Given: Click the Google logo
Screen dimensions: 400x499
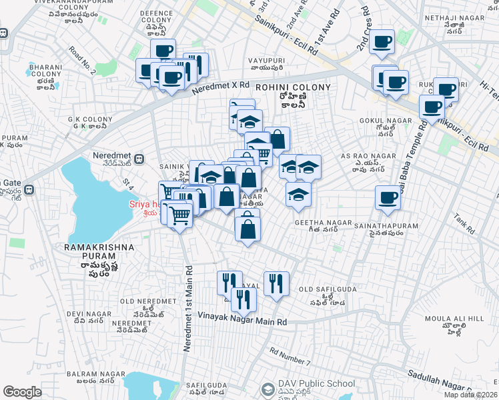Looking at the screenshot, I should pyautogui.click(x=22, y=392).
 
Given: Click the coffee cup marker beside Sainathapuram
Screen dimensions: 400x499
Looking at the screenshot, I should pyautogui.click(x=388, y=198).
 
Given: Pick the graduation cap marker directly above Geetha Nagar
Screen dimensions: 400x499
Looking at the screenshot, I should pyautogui.click(x=298, y=194).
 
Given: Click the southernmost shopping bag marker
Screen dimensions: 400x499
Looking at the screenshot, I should pyautogui.click(x=247, y=229).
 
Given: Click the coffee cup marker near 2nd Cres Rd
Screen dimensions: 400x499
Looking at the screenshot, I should pyautogui.click(x=382, y=43).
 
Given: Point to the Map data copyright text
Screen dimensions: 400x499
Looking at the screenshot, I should pyautogui.click(x=470, y=395).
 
